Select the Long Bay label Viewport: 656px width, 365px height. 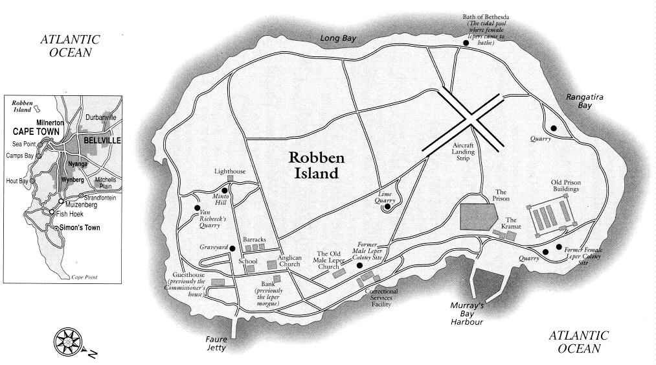339,39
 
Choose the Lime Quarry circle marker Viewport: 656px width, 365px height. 387,208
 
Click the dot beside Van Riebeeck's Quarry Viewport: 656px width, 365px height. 197,208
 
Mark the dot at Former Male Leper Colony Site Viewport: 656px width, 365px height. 359,265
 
